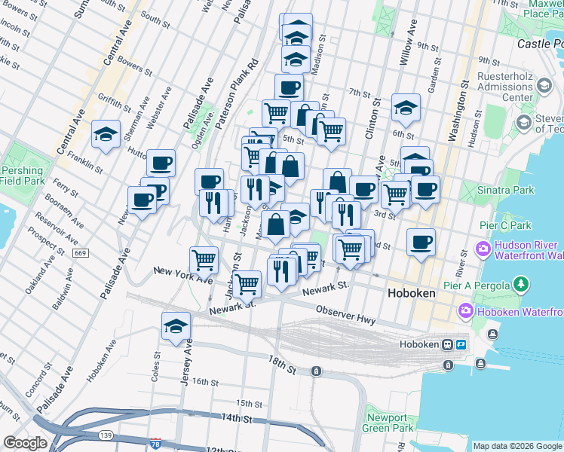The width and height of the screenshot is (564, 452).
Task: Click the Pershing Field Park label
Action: pos(23,176)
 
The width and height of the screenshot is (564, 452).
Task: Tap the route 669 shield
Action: pos(79,252)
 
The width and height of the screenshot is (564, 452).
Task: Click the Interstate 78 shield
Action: pos(155,444)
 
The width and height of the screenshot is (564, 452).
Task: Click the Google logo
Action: pos(25,443)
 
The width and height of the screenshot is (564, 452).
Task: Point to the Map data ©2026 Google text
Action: pos(516,446)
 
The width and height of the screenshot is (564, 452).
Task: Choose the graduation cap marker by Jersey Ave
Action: pos(176,325)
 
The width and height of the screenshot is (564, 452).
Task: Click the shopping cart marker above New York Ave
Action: pos(204,260)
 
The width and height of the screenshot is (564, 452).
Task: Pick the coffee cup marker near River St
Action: pos(421,242)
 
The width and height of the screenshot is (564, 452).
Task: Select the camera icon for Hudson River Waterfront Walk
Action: pos(483,248)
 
